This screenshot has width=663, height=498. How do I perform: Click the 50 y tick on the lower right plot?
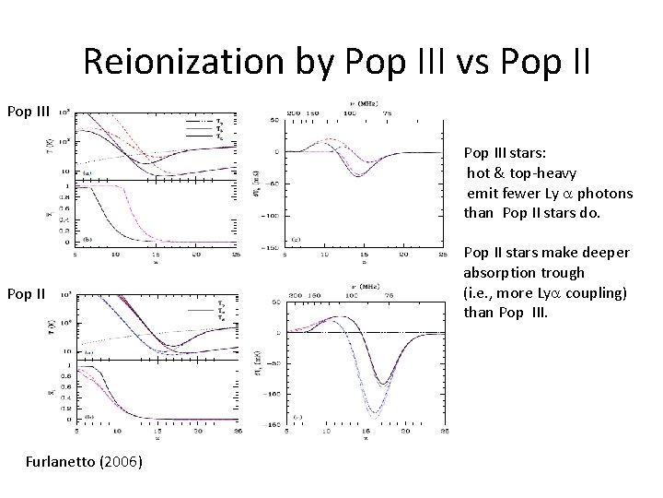[272, 301]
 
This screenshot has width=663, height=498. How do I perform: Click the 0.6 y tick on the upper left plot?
[64, 207]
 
